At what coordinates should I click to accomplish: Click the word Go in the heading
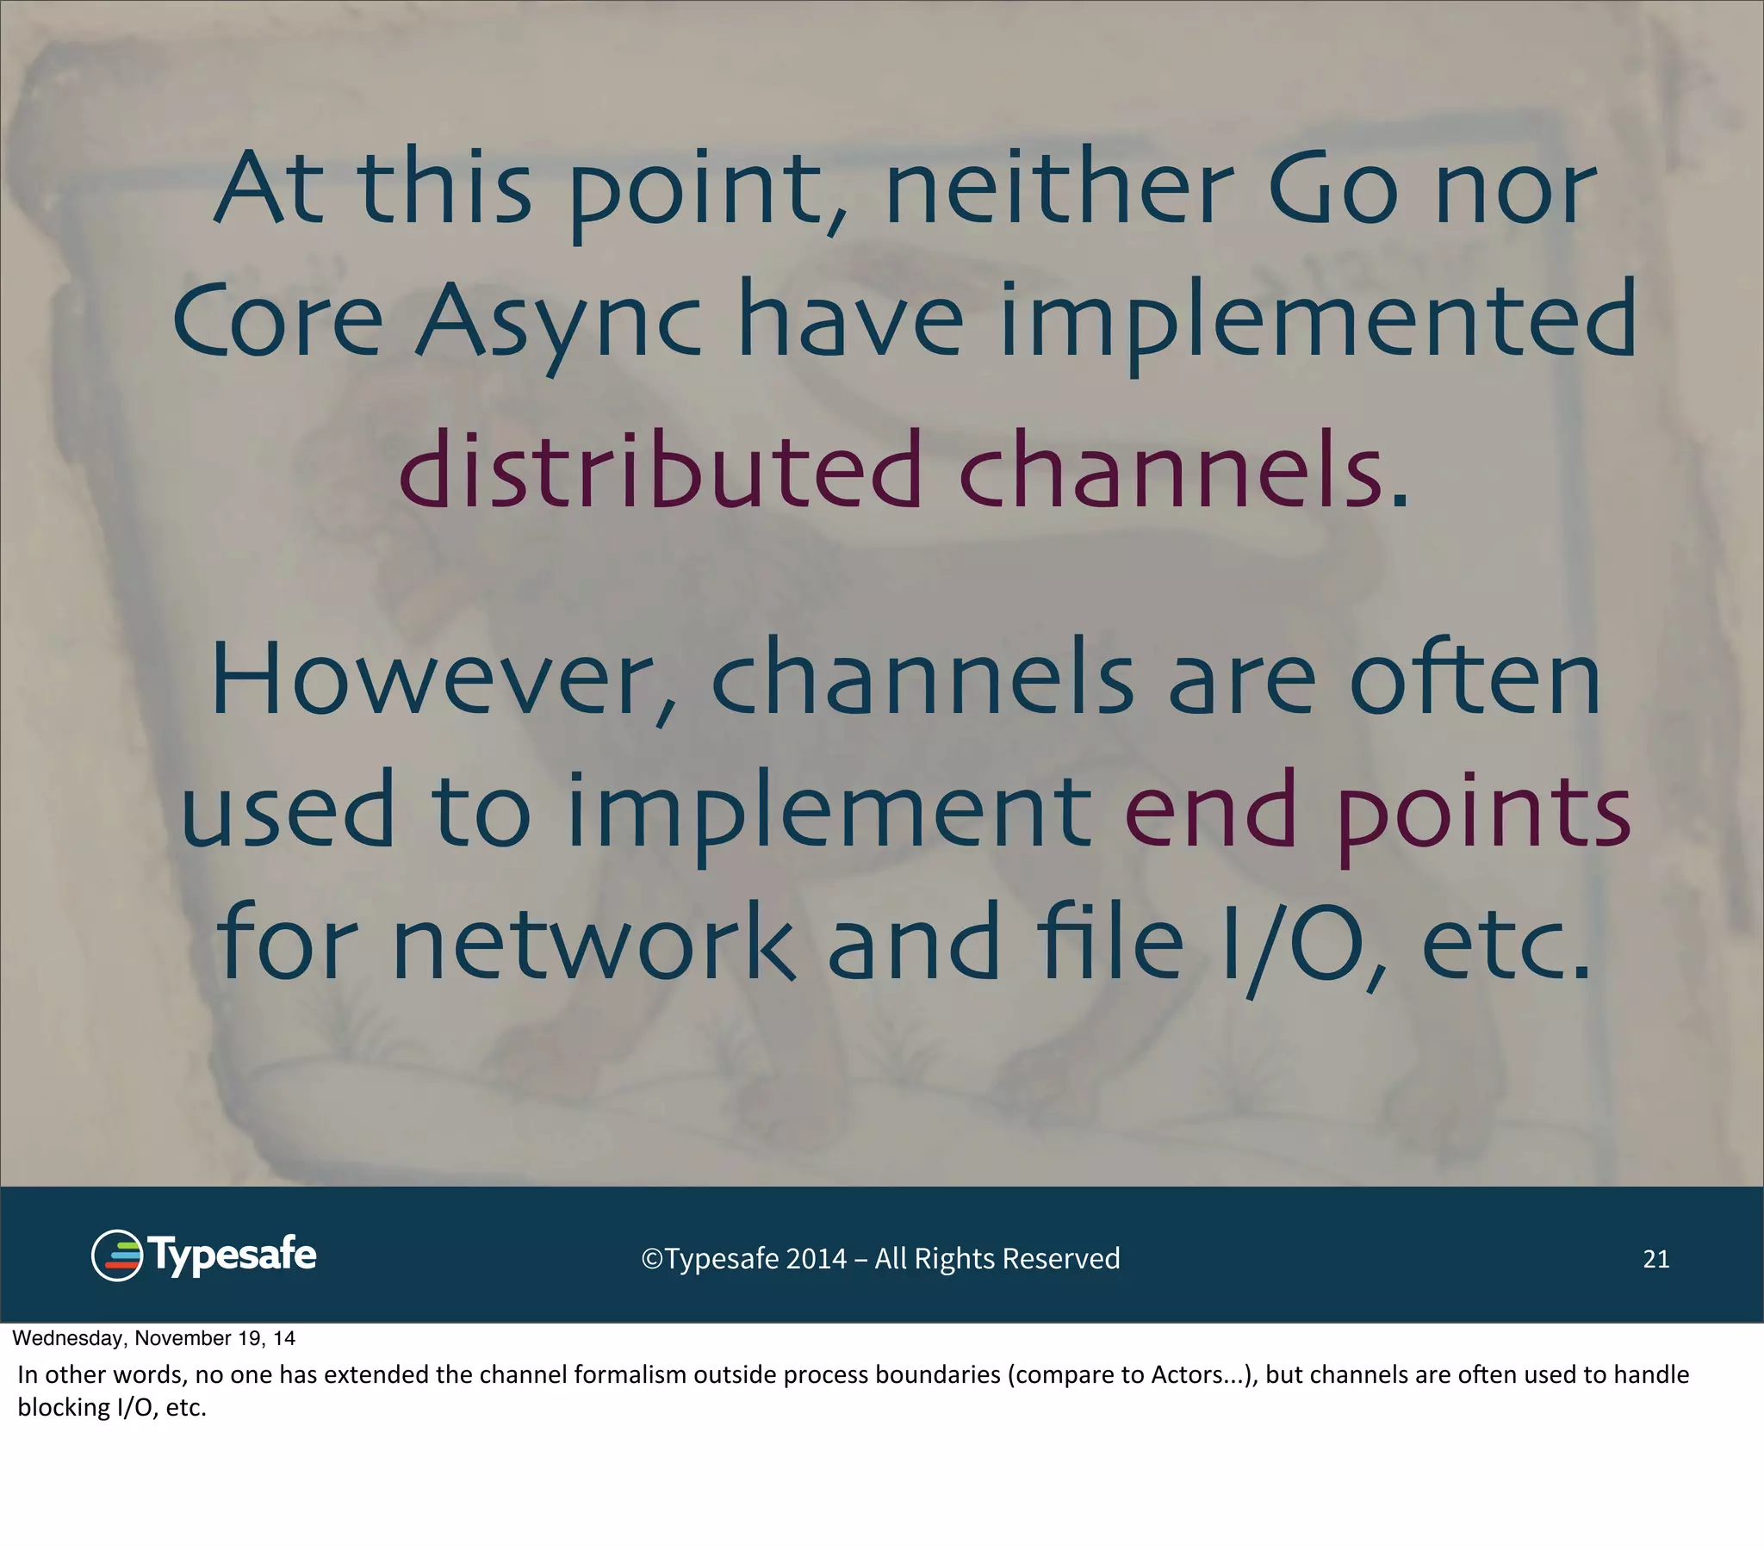coord(1332,188)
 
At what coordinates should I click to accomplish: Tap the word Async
coord(558,321)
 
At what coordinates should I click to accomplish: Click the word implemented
coord(1317,321)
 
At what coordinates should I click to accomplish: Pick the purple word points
coord(1483,811)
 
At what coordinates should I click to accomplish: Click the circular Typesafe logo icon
coord(116,1255)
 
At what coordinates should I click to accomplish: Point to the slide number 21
coord(1655,1259)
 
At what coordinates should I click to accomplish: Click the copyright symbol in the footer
coord(651,1259)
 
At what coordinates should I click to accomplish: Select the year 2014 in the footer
coord(816,1259)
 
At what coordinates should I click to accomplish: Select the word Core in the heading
coord(277,321)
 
